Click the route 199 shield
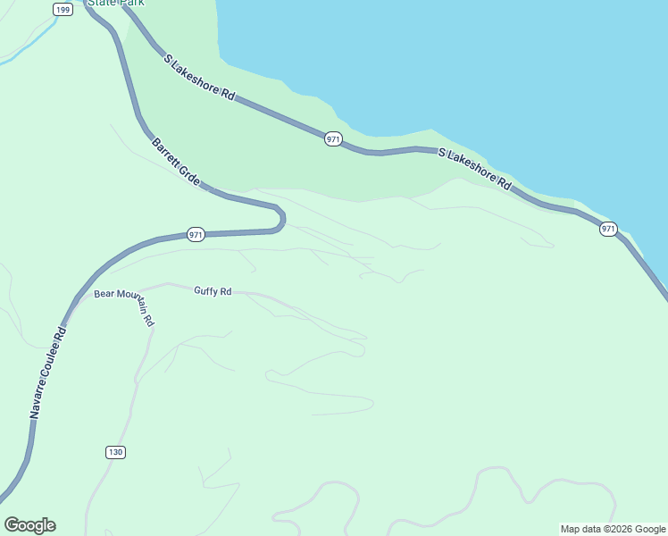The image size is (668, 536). pyautogui.click(x=63, y=9)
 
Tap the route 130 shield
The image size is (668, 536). pyautogui.click(x=115, y=452)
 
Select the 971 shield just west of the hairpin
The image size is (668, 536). pyautogui.click(x=196, y=235)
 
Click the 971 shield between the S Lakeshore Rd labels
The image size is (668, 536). pyautogui.click(x=332, y=139)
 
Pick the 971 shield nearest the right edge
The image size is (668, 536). pyautogui.click(x=608, y=229)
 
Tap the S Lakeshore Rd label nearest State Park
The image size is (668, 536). pyautogui.click(x=199, y=77)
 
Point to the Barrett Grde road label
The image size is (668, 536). pyautogui.click(x=176, y=162)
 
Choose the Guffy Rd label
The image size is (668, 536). pyautogui.click(x=213, y=291)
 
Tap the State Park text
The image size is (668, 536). pyautogui.click(x=116, y=3)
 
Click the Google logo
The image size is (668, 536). pyautogui.click(x=29, y=525)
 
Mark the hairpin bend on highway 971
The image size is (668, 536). pyautogui.click(x=280, y=218)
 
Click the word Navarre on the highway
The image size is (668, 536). pyautogui.click(x=38, y=400)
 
